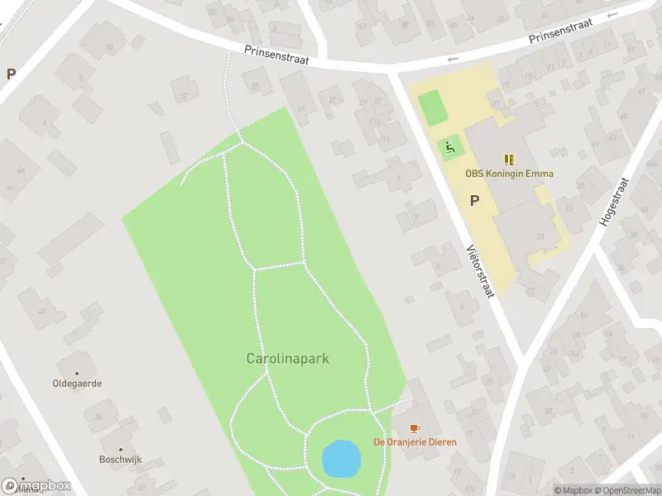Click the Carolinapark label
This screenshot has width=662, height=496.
tap(288, 359)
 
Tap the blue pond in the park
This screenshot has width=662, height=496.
tap(341, 459)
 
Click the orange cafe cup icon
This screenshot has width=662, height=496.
tap(415, 428)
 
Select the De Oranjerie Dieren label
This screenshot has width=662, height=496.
tap(415, 442)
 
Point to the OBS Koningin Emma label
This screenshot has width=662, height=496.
tap(509, 174)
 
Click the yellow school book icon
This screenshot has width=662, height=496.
tap(509, 160)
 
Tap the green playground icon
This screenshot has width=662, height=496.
tap(450, 148)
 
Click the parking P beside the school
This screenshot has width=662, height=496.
tap(474, 200)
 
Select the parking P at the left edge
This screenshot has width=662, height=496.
tap(11, 74)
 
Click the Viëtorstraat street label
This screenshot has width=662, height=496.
tap(480, 269)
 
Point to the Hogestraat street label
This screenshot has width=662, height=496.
tap(612, 203)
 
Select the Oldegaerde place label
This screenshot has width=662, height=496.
tap(77, 384)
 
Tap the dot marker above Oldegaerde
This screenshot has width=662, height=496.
tap(77, 374)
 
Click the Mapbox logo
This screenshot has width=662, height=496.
tap(36, 486)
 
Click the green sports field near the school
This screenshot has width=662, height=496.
tap(431, 108)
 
